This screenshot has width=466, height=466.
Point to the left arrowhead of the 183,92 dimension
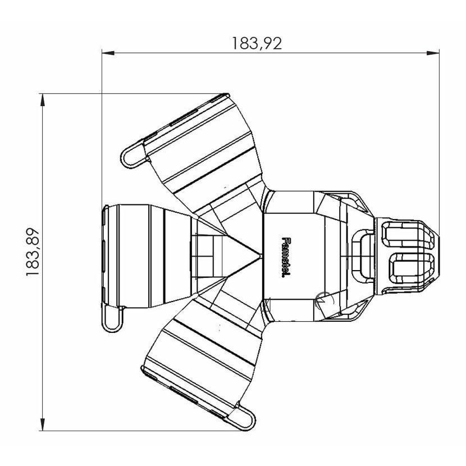coord(107,54)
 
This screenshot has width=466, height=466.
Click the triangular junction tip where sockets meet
coord(259,255)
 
